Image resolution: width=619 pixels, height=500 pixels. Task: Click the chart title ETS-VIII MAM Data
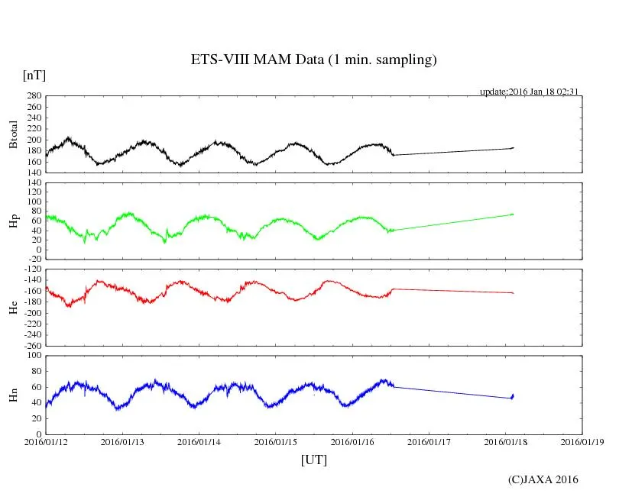pos(313,60)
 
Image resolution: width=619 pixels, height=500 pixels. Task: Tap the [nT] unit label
pos(34,76)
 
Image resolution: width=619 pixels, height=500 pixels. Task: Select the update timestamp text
pos(528,92)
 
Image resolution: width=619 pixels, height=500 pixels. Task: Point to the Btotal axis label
pos(13,134)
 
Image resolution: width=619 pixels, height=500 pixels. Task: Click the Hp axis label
pos(13,221)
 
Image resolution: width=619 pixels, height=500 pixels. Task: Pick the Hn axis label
pos(13,395)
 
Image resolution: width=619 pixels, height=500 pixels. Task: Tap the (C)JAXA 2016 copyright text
pos(543,480)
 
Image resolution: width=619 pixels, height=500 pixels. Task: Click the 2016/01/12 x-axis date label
pos(46,441)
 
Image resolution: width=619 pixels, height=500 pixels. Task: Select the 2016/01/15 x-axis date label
pos(276,441)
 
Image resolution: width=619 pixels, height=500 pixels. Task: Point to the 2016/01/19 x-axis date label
pos(582,441)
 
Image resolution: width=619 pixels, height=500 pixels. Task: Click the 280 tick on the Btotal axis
pos(34,96)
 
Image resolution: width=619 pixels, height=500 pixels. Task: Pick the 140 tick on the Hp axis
pos(34,184)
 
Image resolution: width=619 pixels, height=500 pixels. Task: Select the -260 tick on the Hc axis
pos(31,345)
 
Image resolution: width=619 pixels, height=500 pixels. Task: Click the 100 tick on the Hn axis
pos(34,356)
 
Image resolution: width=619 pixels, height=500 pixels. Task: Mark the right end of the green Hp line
pos(513,215)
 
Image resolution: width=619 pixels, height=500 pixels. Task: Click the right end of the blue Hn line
pos(513,395)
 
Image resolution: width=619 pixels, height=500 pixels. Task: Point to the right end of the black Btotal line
pos(513,147)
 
